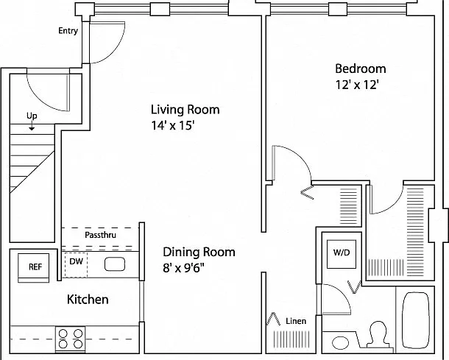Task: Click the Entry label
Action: (68, 31)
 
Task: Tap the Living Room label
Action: (185, 110)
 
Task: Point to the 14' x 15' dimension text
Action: (173, 125)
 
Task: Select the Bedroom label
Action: (361, 69)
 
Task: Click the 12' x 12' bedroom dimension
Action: (358, 85)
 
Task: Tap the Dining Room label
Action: (199, 252)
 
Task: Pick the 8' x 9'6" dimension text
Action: (183, 268)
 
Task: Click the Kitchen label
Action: (88, 300)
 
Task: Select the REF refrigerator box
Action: (34, 267)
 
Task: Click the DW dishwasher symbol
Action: (76, 265)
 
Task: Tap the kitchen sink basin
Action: (115, 264)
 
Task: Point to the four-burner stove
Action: (71, 339)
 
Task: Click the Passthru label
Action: (101, 235)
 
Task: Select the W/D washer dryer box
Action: (342, 254)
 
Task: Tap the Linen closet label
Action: (296, 321)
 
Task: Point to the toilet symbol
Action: (377, 334)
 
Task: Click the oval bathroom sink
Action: (341, 342)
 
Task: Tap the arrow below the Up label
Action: (32, 125)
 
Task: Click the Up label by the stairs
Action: (32, 116)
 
